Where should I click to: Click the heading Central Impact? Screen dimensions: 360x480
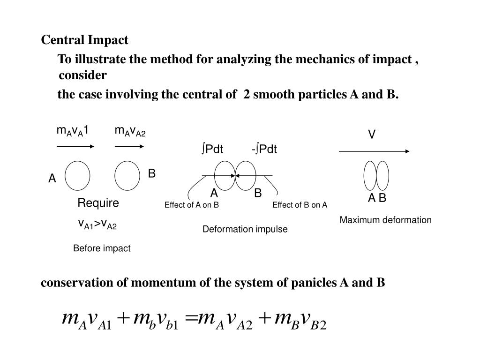(84, 40)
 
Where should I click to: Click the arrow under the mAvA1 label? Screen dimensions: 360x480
(75, 146)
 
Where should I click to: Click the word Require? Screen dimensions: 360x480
(98, 203)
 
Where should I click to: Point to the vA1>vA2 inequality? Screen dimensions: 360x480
(97, 225)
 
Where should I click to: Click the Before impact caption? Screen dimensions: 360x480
(102, 248)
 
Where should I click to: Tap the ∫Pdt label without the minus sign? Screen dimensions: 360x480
(212, 150)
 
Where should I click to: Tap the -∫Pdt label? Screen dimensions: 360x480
(264, 150)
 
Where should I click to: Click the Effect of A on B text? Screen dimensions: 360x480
(192, 205)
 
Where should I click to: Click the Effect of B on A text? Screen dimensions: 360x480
(300, 205)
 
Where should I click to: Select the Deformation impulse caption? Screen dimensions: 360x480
(245, 229)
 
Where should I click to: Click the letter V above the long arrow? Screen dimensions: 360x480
(371, 135)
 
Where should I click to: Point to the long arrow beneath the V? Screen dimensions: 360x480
(374, 151)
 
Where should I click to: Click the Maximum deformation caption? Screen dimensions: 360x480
(385, 220)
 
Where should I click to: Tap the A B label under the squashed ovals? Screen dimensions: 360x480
(376, 198)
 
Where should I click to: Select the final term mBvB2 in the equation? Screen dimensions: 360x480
(300, 321)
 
